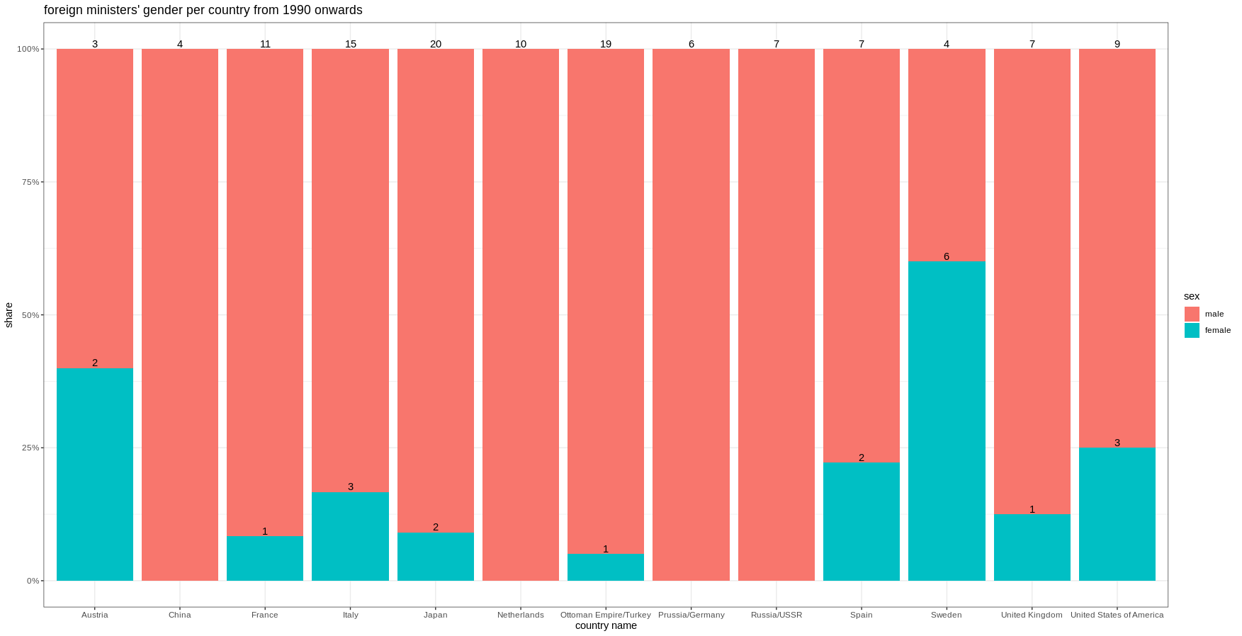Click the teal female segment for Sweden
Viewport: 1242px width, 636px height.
pyautogui.click(x=947, y=421)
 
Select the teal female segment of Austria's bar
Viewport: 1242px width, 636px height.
pyautogui.click(x=95, y=475)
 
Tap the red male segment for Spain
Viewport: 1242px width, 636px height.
pyautogui.click(x=862, y=255)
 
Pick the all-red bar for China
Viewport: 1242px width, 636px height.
pyautogui.click(x=180, y=315)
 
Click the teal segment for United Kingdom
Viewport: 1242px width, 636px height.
pyautogui.click(x=1032, y=547)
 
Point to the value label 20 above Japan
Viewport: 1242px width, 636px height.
pyautogui.click(x=436, y=44)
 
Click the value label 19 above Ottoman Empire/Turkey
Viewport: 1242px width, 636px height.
pyautogui.click(x=606, y=44)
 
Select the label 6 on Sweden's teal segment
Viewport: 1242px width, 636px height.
pyautogui.click(x=947, y=256)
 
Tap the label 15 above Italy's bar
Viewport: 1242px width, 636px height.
pyautogui.click(x=351, y=44)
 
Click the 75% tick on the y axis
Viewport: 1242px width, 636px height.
pyautogui.click(x=30, y=182)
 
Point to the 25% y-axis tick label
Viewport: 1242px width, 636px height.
pyautogui.click(x=30, y=448)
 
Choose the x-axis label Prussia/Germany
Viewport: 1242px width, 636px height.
pyautogui.click(x=691, y=615)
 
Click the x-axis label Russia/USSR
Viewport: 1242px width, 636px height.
pyautogui.click(x=777, y=615)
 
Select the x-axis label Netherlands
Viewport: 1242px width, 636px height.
pyautogui.click(x=521, y=615)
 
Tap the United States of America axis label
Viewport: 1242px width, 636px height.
pyautogui.click(x=1117, y=615)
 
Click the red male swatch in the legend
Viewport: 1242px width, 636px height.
pyautogui.click(x=1192, y=314)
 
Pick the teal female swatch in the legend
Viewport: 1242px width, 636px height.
pyautogui.click(x=1192, y=330)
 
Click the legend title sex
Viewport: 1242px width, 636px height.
pyautogui.click(x=1191, y=296)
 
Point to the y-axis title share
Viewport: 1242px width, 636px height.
pyautogui.click(x=9, y=315)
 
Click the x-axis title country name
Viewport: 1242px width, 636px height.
pyautogui.click(x=606, y=625)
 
